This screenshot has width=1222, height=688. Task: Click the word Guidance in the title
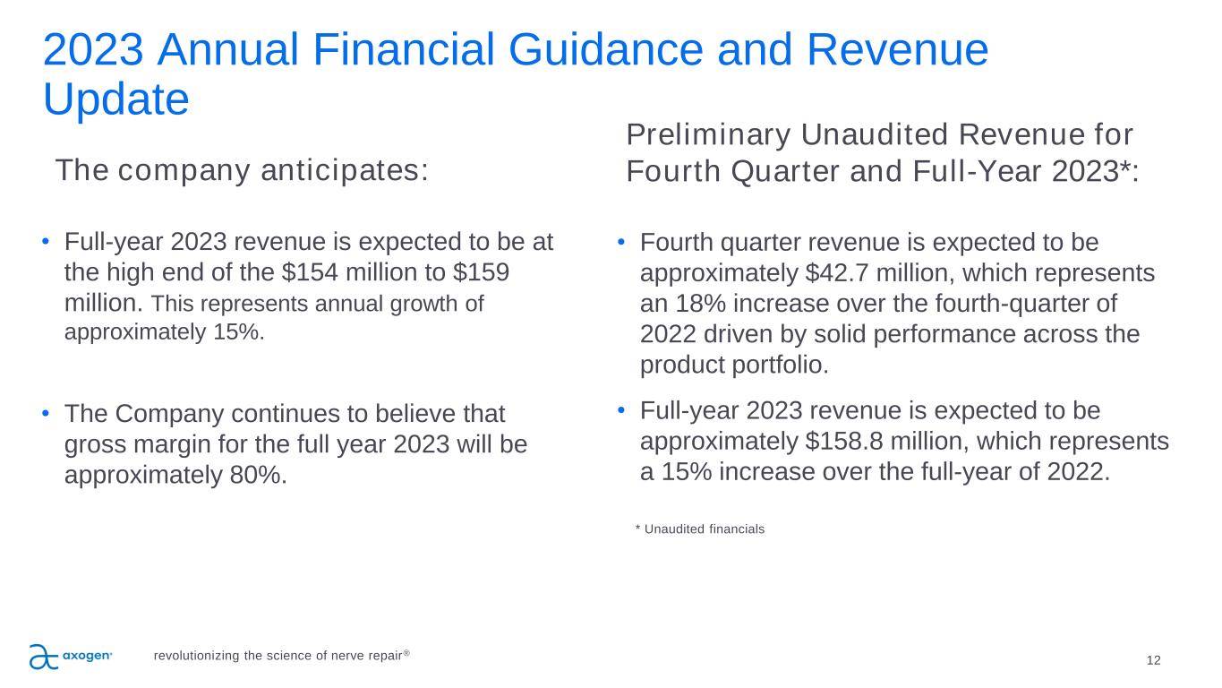pyautogui.click(x=605, y=49)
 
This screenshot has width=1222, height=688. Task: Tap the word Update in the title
pyautogui.click(x=116, y=99)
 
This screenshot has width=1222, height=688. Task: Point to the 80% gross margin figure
pyautogui.click(x=258, y=475)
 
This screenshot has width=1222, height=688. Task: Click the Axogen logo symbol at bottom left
pyautogui.click(x=43, y=657)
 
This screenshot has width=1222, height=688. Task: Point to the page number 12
pyautogui.click(x=1153, y=660)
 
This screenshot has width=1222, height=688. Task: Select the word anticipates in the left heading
pyautogui.click(x=345, y=170)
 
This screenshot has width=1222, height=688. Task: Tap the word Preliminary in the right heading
pyautogui.click(x=708, y=135)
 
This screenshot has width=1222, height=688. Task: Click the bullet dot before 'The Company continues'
pyautogui.click(x=46, y=413)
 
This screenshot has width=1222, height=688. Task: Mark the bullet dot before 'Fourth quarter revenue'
pyautogui.click(x=620, y=241)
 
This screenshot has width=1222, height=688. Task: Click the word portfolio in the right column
pyautogui.click(x=780, y=365)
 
